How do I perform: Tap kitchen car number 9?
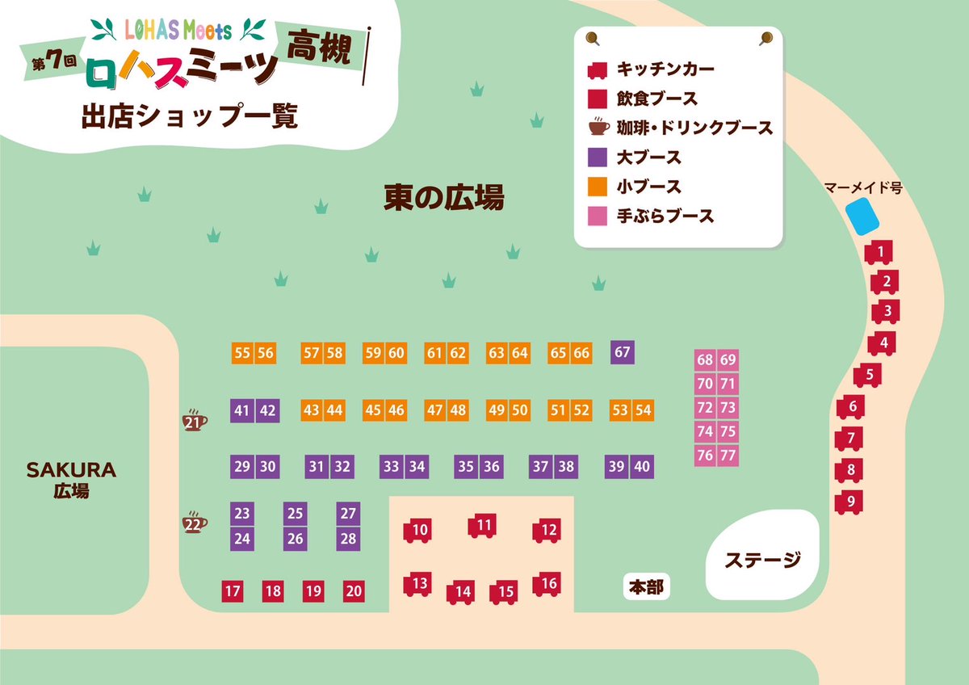849,502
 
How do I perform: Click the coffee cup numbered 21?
194,421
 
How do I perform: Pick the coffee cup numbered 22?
194,523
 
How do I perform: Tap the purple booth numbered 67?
622,352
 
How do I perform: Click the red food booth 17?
233,591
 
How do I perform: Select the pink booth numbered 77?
728,455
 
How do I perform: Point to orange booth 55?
242,353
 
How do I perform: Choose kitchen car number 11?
483,526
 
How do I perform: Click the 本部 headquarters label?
646,587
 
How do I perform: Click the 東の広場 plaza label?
443,197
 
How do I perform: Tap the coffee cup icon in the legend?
598,127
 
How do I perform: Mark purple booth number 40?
641,466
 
